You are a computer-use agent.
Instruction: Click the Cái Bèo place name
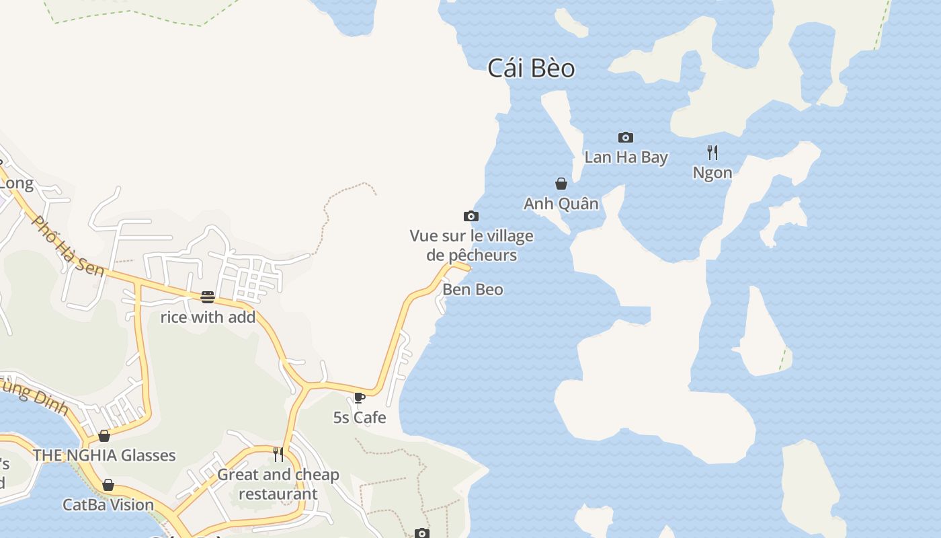(531, 69)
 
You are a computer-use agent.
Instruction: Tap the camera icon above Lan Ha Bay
(626, 138)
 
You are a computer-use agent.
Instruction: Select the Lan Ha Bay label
(626, 157)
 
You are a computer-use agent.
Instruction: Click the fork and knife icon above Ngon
(712, 153)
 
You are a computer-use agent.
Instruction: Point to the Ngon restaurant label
(712, 173)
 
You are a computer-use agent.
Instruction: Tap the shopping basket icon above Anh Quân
(561, 184)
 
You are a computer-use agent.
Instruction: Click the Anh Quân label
(561, 204)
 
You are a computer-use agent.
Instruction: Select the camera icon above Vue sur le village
(471, 217)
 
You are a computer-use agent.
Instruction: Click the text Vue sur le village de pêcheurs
(472, 245)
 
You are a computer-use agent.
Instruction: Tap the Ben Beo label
(473, 290)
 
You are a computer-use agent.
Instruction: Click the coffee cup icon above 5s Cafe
(360, 397)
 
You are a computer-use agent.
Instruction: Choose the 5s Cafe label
(360, 418)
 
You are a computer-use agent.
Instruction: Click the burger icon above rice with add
(208, 297)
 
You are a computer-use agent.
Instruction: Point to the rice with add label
(208, 317)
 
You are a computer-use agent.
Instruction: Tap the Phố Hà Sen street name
(68, 246)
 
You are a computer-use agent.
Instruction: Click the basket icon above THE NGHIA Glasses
(104, 436)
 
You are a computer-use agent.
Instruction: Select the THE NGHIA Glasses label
(104, 455)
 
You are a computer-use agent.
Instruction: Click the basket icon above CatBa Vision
(108, 486)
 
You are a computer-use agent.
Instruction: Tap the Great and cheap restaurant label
(278, 484)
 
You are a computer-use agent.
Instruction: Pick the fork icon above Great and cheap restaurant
(278, 455)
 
